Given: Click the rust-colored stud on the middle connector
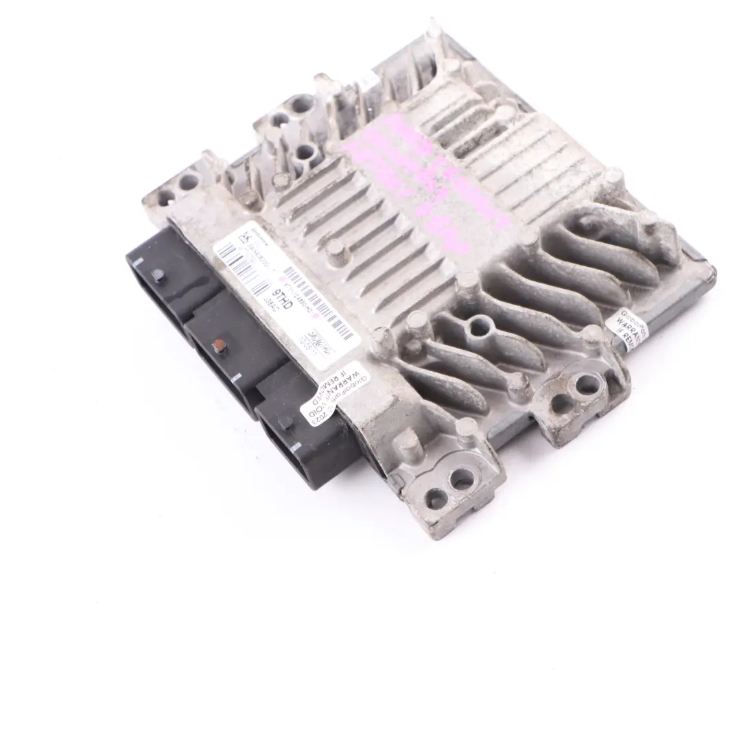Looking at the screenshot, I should (x=218, y=341).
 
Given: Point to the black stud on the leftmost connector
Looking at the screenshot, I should (x=158, y=275).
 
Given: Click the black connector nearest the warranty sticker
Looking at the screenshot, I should (x=302, y=439).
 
